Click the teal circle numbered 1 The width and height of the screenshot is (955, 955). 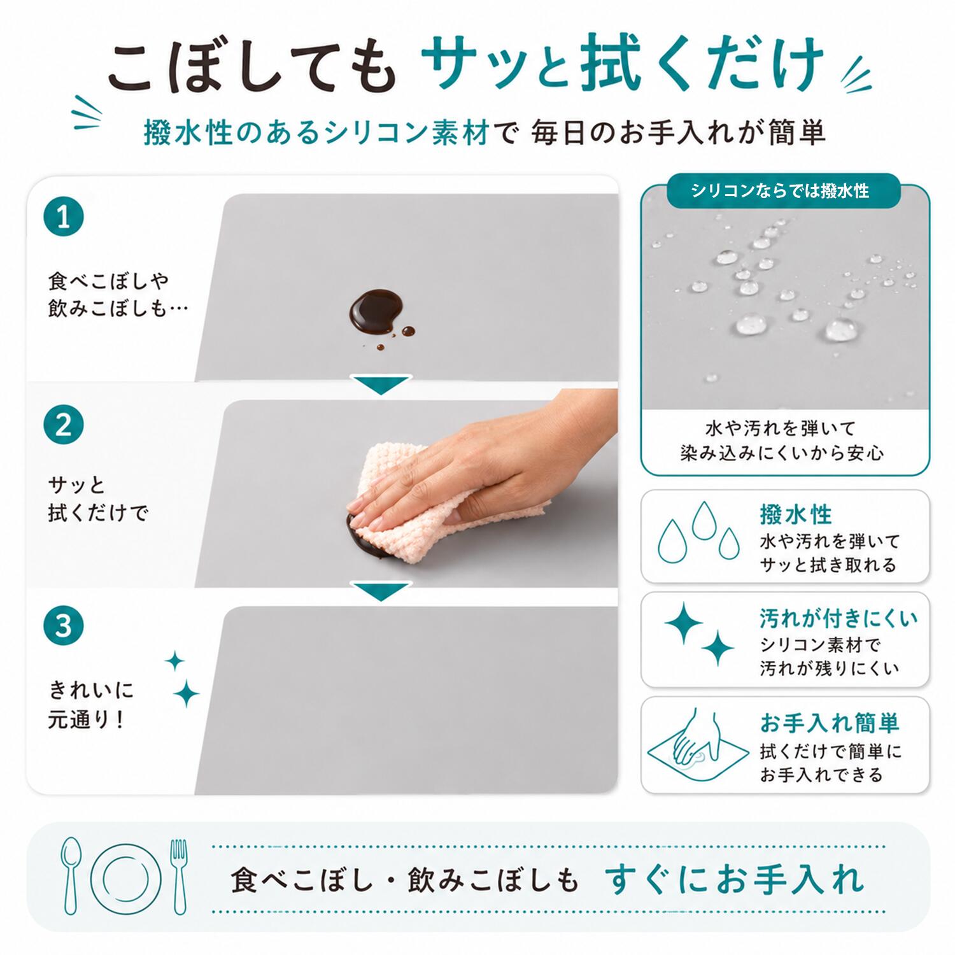(x=64, y=217)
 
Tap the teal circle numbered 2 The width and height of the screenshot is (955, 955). (x=64, y=425)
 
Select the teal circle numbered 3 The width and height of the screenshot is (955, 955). (x=64, y=625)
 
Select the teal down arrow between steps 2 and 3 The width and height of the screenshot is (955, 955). (x=381, y=591)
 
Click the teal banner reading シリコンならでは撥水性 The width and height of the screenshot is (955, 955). (x=784, y=190)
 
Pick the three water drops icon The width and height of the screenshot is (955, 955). (x=699, y=533)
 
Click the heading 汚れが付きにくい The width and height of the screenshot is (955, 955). (x=838, y=618)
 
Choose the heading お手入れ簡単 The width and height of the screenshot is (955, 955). (x=829, y=723)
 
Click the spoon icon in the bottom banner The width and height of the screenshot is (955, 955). (x=71, y=875)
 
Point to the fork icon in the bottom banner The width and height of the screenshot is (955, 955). (x=179, y=877)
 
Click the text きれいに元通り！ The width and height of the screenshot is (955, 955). (x=92, y=705)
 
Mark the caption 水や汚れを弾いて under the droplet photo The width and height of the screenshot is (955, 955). (x=780, y=428)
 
